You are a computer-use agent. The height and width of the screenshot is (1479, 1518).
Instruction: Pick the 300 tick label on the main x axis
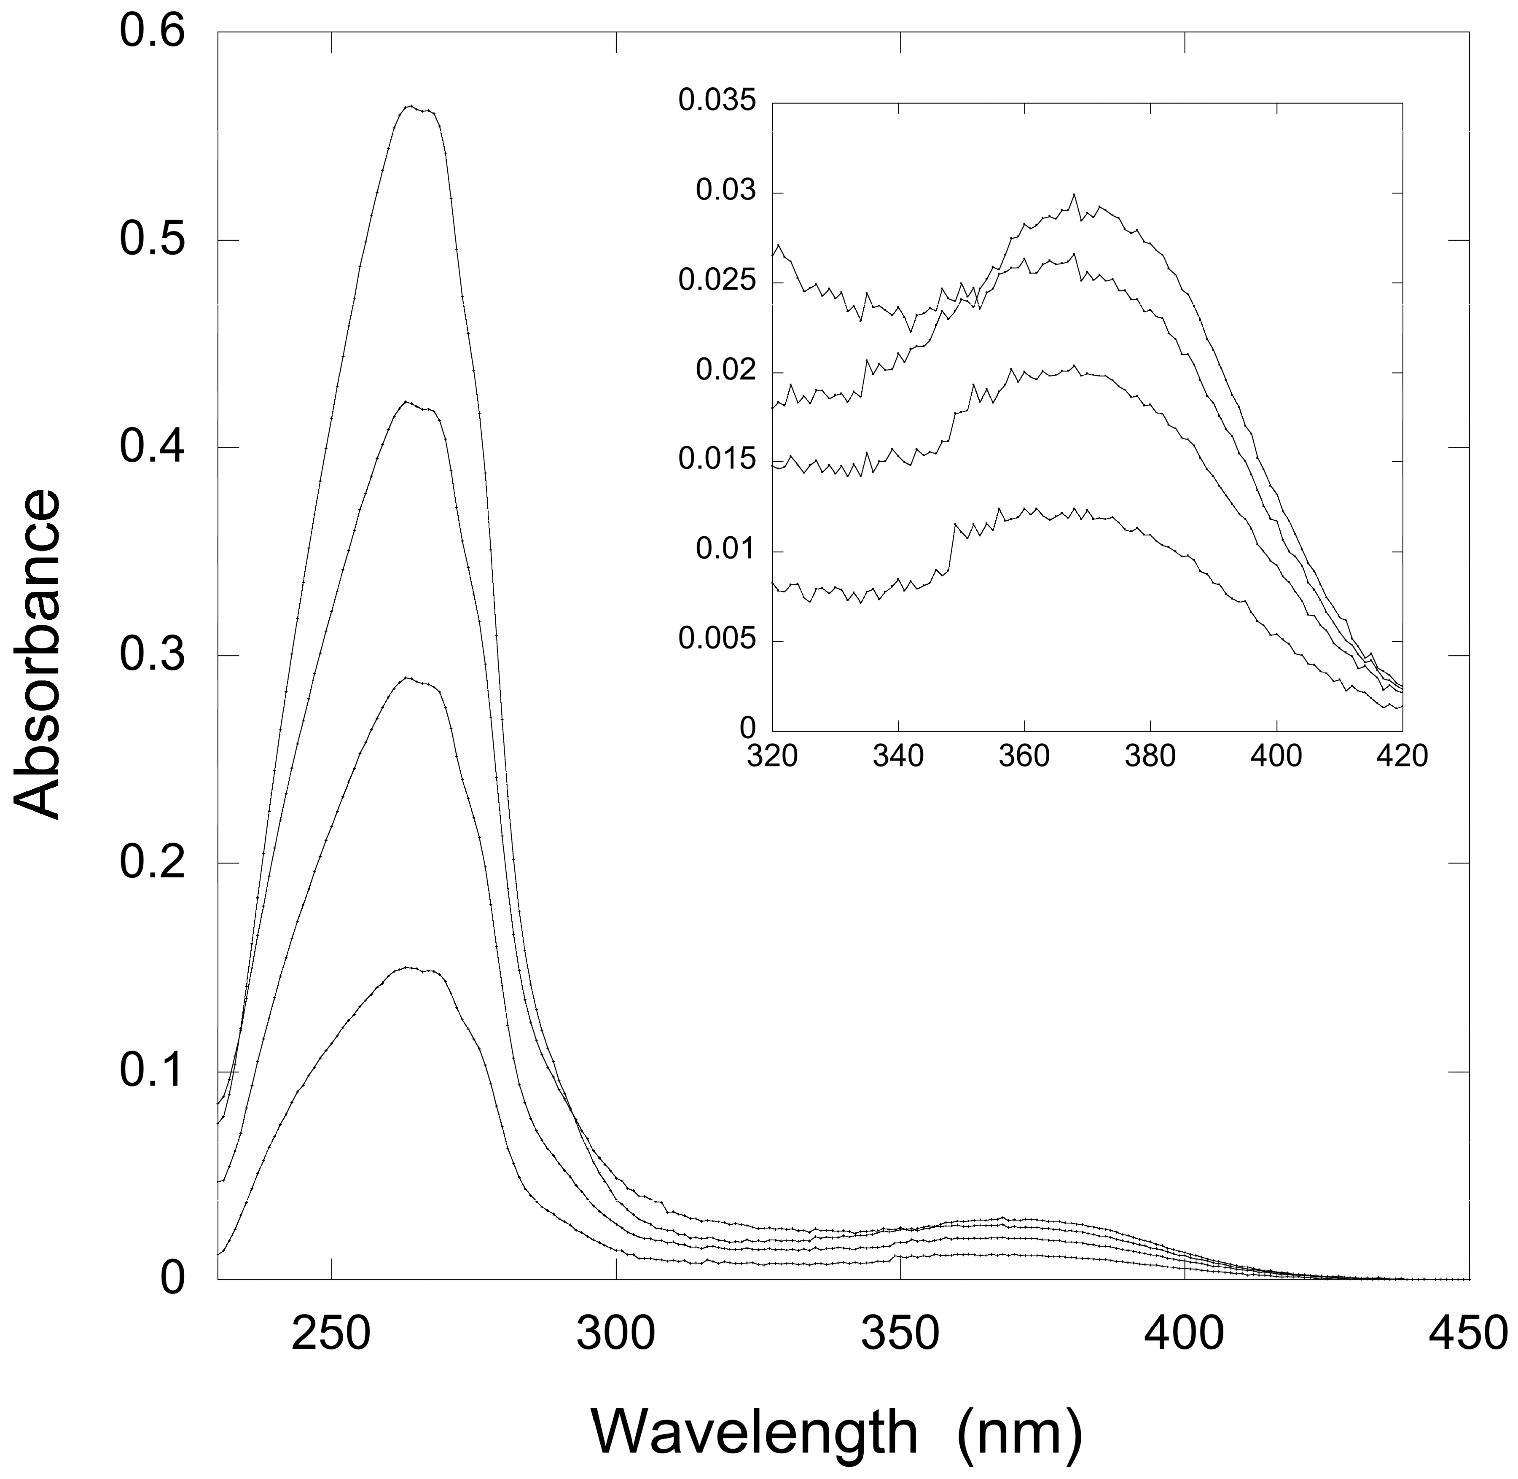point(616,1334)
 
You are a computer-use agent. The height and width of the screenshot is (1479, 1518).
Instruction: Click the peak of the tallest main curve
point(412,106)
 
